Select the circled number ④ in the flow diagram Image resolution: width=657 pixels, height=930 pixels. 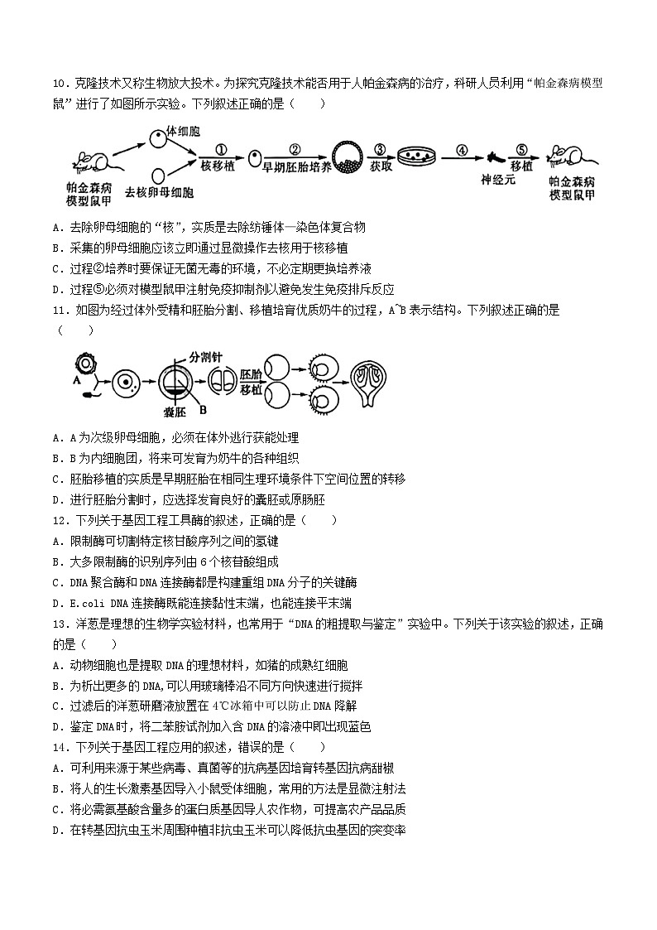tap(462, 150)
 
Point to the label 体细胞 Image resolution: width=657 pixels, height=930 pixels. tap(184, 131)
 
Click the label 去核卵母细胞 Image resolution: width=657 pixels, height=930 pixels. tap(159, 193)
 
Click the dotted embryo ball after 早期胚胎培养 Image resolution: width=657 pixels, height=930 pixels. tap(346, 157)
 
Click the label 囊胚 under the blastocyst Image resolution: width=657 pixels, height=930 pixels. tap(174, 412)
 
